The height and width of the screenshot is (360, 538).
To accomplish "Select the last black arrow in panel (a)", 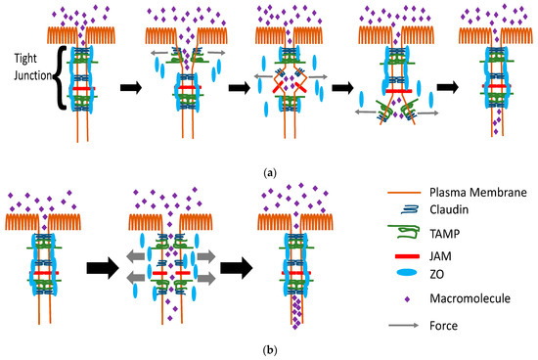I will click(x=446, y=86).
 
